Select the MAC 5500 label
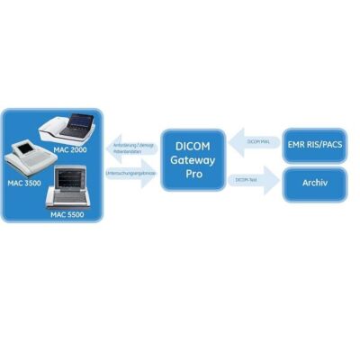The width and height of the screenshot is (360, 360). [x=70, y=216]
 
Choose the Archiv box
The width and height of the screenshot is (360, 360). [x=315, y=183]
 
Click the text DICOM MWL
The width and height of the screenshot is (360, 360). [x=259, y=141]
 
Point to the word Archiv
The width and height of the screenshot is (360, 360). [x=315, y=183]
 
